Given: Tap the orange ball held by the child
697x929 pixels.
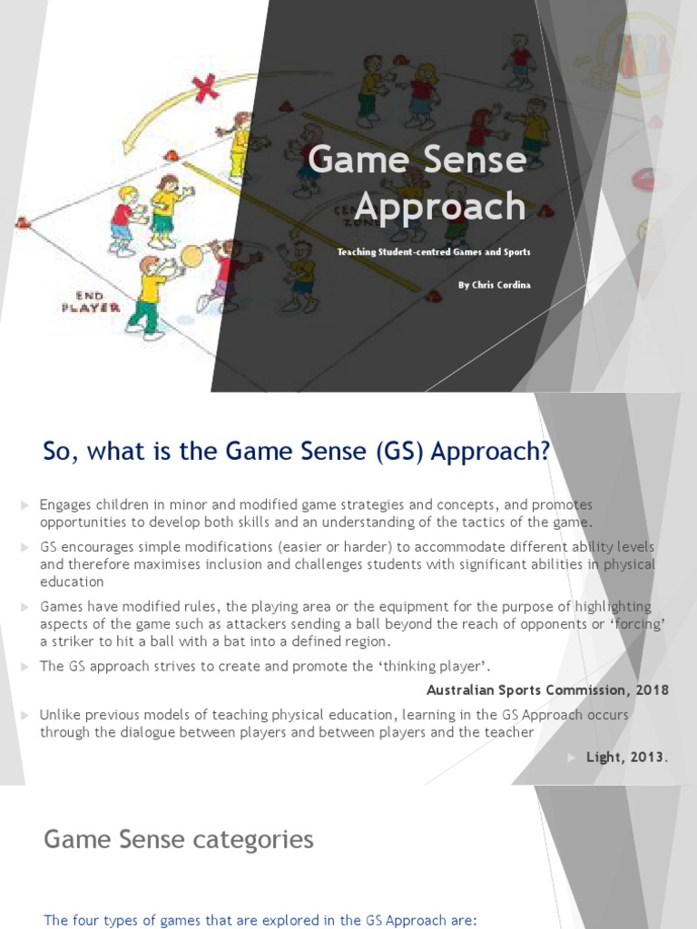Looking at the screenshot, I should coord(191,256).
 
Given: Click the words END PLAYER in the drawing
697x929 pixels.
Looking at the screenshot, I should coord(84,301).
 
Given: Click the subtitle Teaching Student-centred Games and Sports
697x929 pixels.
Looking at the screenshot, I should coord(434,251).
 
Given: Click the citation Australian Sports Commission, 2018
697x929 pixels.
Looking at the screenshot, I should coord(547,689).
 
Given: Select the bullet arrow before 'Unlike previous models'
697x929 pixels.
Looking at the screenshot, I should coord(25,715).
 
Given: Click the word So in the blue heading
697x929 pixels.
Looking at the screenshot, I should coord(58,451).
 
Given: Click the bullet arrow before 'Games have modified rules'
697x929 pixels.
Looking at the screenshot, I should coord(25,606).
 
